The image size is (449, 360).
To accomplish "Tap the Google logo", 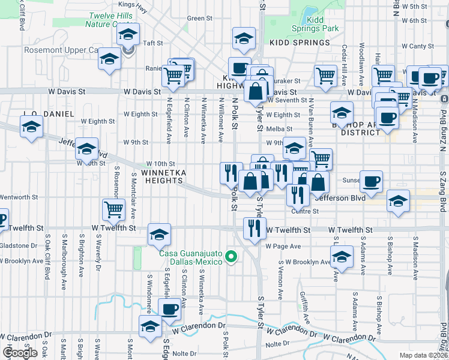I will tap(20, 353).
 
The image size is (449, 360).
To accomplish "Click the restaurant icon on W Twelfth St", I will tap(255, 228).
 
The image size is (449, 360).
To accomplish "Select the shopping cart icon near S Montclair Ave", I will tap(113, 209).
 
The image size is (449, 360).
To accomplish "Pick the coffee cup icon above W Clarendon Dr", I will tap(170, 309).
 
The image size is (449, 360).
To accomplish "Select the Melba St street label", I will tap(280, 128).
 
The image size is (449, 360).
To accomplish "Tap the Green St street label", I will tap(196, 18).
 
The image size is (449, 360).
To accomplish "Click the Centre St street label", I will tap(304, 211).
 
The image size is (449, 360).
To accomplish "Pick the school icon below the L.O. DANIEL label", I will tap(31, 127).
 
